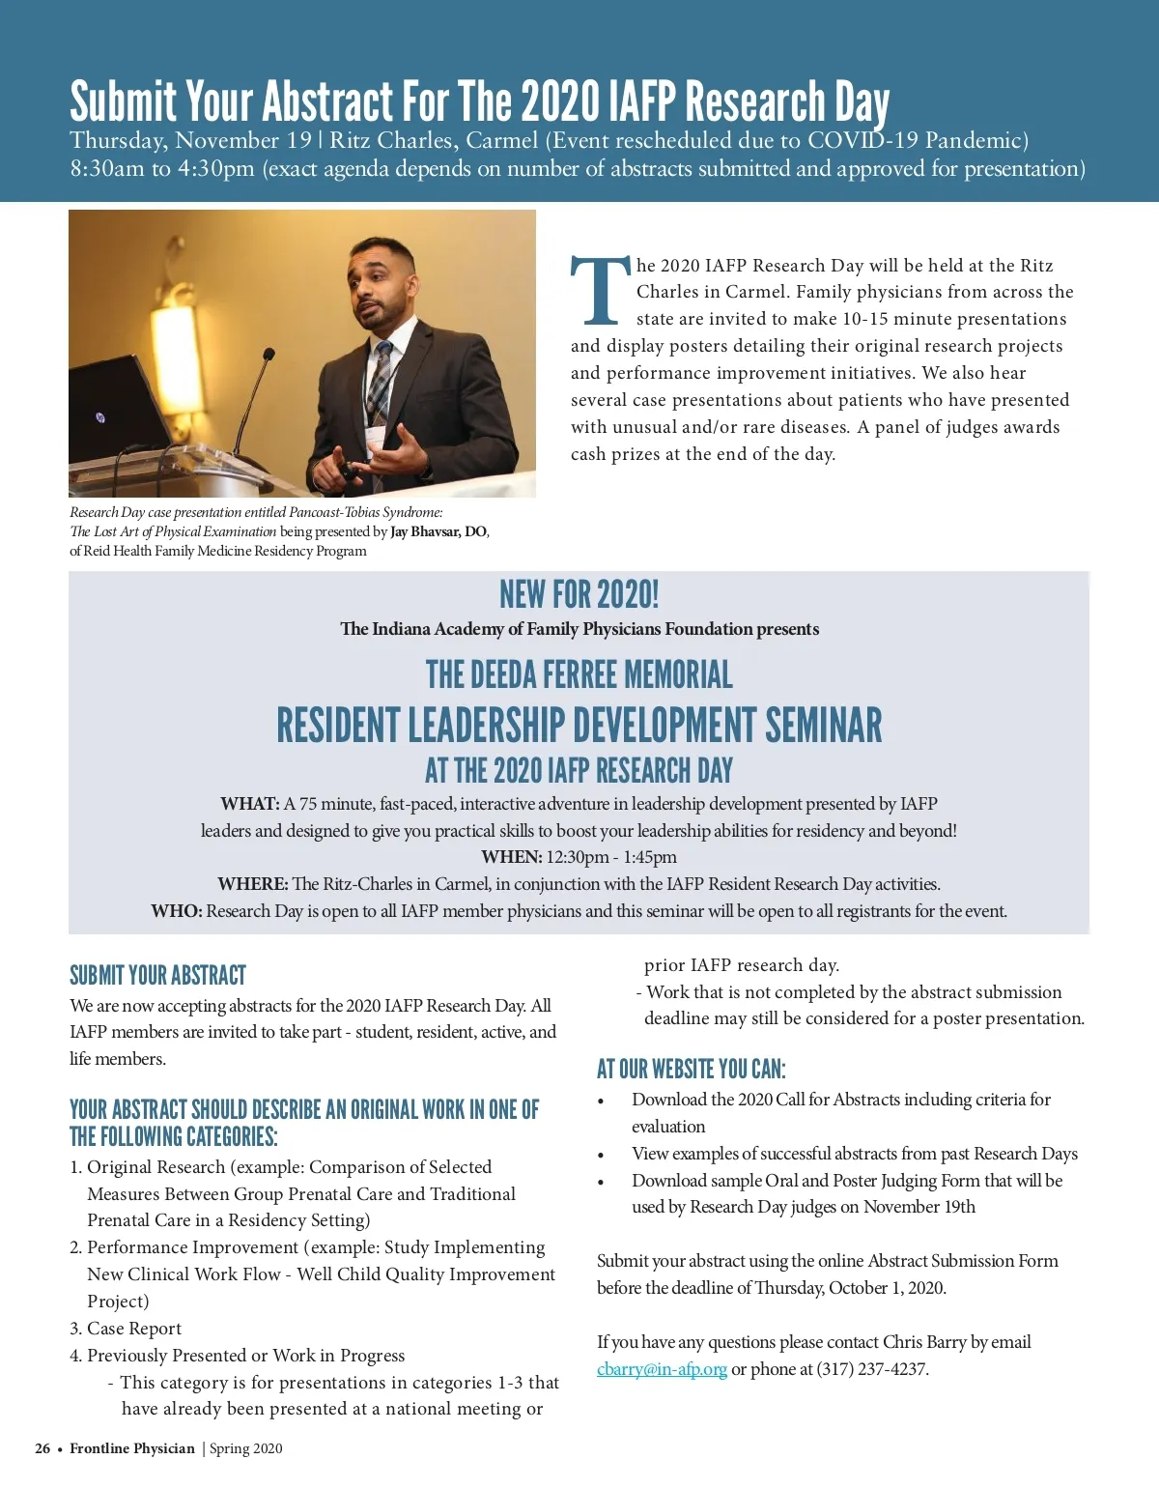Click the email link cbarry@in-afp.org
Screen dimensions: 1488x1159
(x=662, y=1369)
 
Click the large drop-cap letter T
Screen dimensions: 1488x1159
(x=601, y=290)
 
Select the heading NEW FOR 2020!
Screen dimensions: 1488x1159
(x=579, y=594)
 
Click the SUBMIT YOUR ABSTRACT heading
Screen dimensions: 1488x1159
(x=157, y=975)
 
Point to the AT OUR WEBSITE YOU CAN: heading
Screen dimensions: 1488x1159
(x=691, y=1069)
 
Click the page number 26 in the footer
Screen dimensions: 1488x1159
(x=42, y=1448)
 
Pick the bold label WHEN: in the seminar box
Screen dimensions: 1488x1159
(x=511, y=857)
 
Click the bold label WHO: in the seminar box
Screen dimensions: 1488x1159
(x=176, y=911)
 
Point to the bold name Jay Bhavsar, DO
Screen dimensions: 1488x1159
(x=439, y=531)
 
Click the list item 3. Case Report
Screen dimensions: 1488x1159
(x=126, y=1329)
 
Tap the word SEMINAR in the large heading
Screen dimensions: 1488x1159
(x=823, y=725)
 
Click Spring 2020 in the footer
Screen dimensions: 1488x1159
(x=246, y=1448)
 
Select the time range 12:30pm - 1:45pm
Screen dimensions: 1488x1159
(x=611, y=857)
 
